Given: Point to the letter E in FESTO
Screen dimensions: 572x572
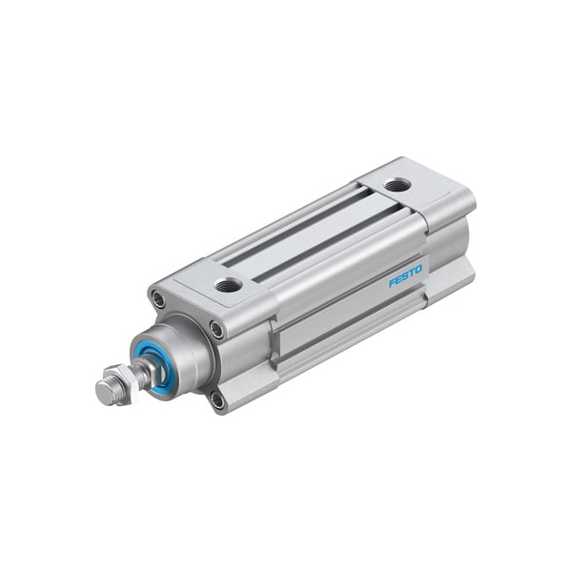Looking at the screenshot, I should click(x=399, y=281).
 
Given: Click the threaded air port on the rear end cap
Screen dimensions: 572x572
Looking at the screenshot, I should click(x=396, y=184).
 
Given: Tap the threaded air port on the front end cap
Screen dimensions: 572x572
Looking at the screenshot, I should click(x=228, y=283).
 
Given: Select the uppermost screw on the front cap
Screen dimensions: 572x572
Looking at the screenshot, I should click(x=157, y=300).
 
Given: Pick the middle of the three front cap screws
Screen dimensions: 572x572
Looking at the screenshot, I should click(x=218, y=330).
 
